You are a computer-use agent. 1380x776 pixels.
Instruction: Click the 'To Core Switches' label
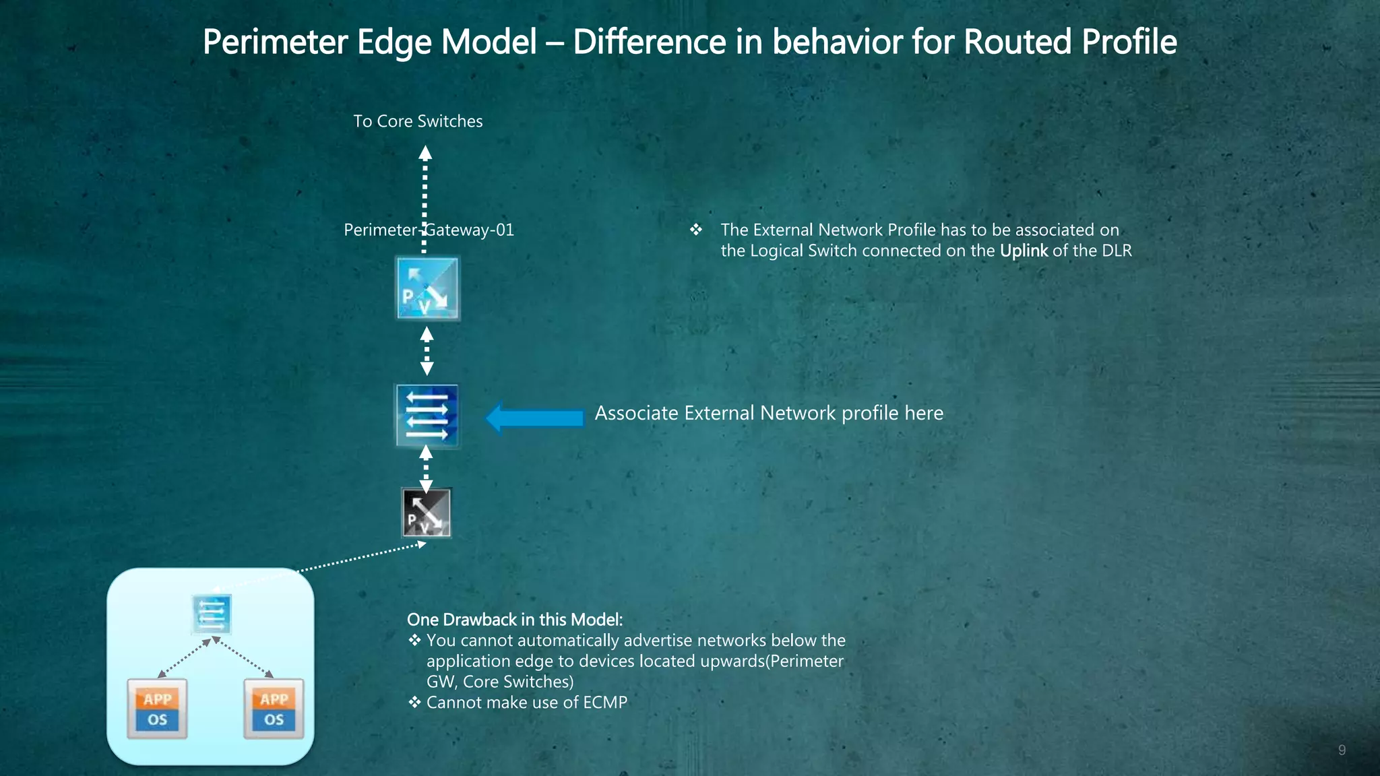[418, 121]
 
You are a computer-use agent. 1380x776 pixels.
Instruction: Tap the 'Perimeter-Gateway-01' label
[429, 230]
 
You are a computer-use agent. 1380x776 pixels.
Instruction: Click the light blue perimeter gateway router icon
[428, 288]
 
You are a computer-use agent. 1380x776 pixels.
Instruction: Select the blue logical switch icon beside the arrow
[427, 416]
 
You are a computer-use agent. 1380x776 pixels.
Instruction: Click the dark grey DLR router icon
[426, 513]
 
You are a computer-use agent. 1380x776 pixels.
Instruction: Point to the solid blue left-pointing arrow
[535, 418]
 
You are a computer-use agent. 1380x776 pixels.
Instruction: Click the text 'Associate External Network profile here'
[769, 413]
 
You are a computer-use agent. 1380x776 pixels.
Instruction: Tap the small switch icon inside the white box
[212, 614]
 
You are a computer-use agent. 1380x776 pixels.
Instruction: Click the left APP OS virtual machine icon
[157, 709]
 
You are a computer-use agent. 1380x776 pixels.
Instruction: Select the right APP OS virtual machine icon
[274, 709]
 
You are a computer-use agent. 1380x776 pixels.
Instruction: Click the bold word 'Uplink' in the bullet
[1024, 251]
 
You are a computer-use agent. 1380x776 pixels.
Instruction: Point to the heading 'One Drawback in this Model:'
[515, 620]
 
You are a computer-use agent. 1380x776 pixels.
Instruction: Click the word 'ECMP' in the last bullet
[604, 703]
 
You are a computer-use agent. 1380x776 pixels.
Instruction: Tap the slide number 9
[1342, 750]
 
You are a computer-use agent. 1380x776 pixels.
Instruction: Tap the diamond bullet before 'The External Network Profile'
[696, 230]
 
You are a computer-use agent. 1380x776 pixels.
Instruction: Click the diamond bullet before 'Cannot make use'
[414, 703]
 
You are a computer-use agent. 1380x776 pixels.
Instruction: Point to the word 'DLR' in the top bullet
[1117, 251]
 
